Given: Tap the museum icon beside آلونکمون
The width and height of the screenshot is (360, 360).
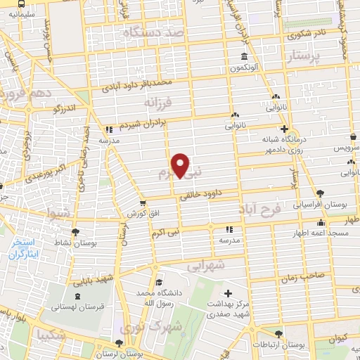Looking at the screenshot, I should [x=244, y=57].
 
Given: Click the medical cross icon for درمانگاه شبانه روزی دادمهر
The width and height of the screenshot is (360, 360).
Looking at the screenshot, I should [x=284, y=129].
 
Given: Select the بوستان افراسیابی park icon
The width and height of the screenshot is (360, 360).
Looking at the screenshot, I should [x=321, y=193].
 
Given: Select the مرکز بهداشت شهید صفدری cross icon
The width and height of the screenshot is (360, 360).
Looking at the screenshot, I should [x=228, y=292].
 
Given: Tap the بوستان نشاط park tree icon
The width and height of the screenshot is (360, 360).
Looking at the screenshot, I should [x=76, y=231].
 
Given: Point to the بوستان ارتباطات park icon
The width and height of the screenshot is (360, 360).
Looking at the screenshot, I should [x=279, y=334].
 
